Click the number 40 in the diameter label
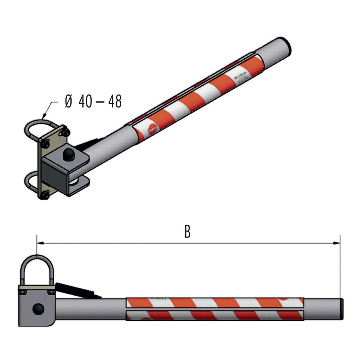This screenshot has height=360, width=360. pos(85,102)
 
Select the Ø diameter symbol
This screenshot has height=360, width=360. pos(68,102)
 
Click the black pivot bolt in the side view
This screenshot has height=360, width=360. pos(38,309)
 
